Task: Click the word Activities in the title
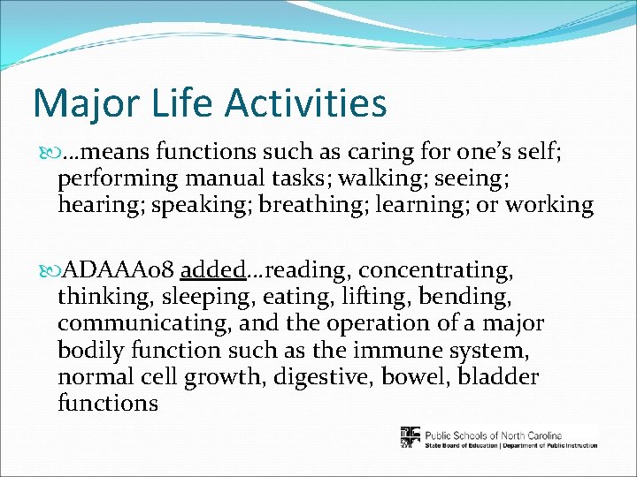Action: coord(305,102)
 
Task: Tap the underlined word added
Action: coord(212,268)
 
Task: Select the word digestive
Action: coord(316,377)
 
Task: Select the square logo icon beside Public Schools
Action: coord(411,437)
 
